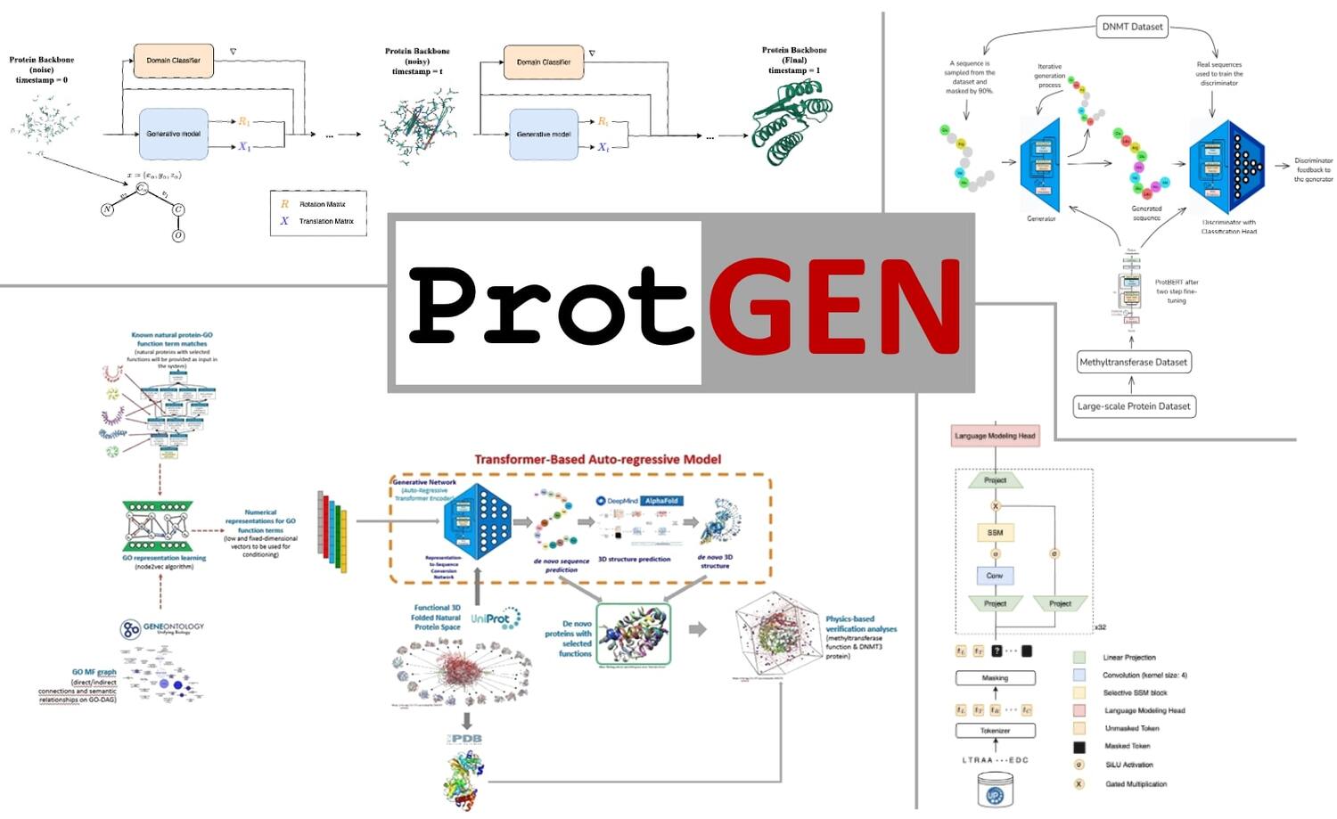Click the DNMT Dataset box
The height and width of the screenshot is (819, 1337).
click(x=1132, y=27)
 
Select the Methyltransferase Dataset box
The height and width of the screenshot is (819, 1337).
click(x=1133, y=363)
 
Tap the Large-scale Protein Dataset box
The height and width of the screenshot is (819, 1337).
click(x=1133, y=406)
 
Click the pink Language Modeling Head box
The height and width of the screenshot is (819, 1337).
click(x=995, y=436)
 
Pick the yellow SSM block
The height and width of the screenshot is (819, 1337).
click(x=995, y=533)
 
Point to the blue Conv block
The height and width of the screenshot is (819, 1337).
click(x=995, y=576)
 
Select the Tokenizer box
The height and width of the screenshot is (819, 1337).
click(x=995, y=731)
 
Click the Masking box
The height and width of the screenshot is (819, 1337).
click(x=995, y=678)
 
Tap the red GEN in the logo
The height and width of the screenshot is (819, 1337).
click(x=835, y=306)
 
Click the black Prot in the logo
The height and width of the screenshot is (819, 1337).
click(x=550, y=306)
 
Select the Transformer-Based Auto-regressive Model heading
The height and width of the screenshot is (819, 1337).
click(x=597, y=460)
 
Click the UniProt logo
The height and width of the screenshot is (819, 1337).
click(x=496, y=618)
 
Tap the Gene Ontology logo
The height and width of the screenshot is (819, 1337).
click(x=162, y=629)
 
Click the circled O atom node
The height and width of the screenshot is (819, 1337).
click(x=178, y=236)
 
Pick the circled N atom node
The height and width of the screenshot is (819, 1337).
click(x=108, y=209)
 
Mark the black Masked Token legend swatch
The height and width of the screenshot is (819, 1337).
click(x=1079, y=747)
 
